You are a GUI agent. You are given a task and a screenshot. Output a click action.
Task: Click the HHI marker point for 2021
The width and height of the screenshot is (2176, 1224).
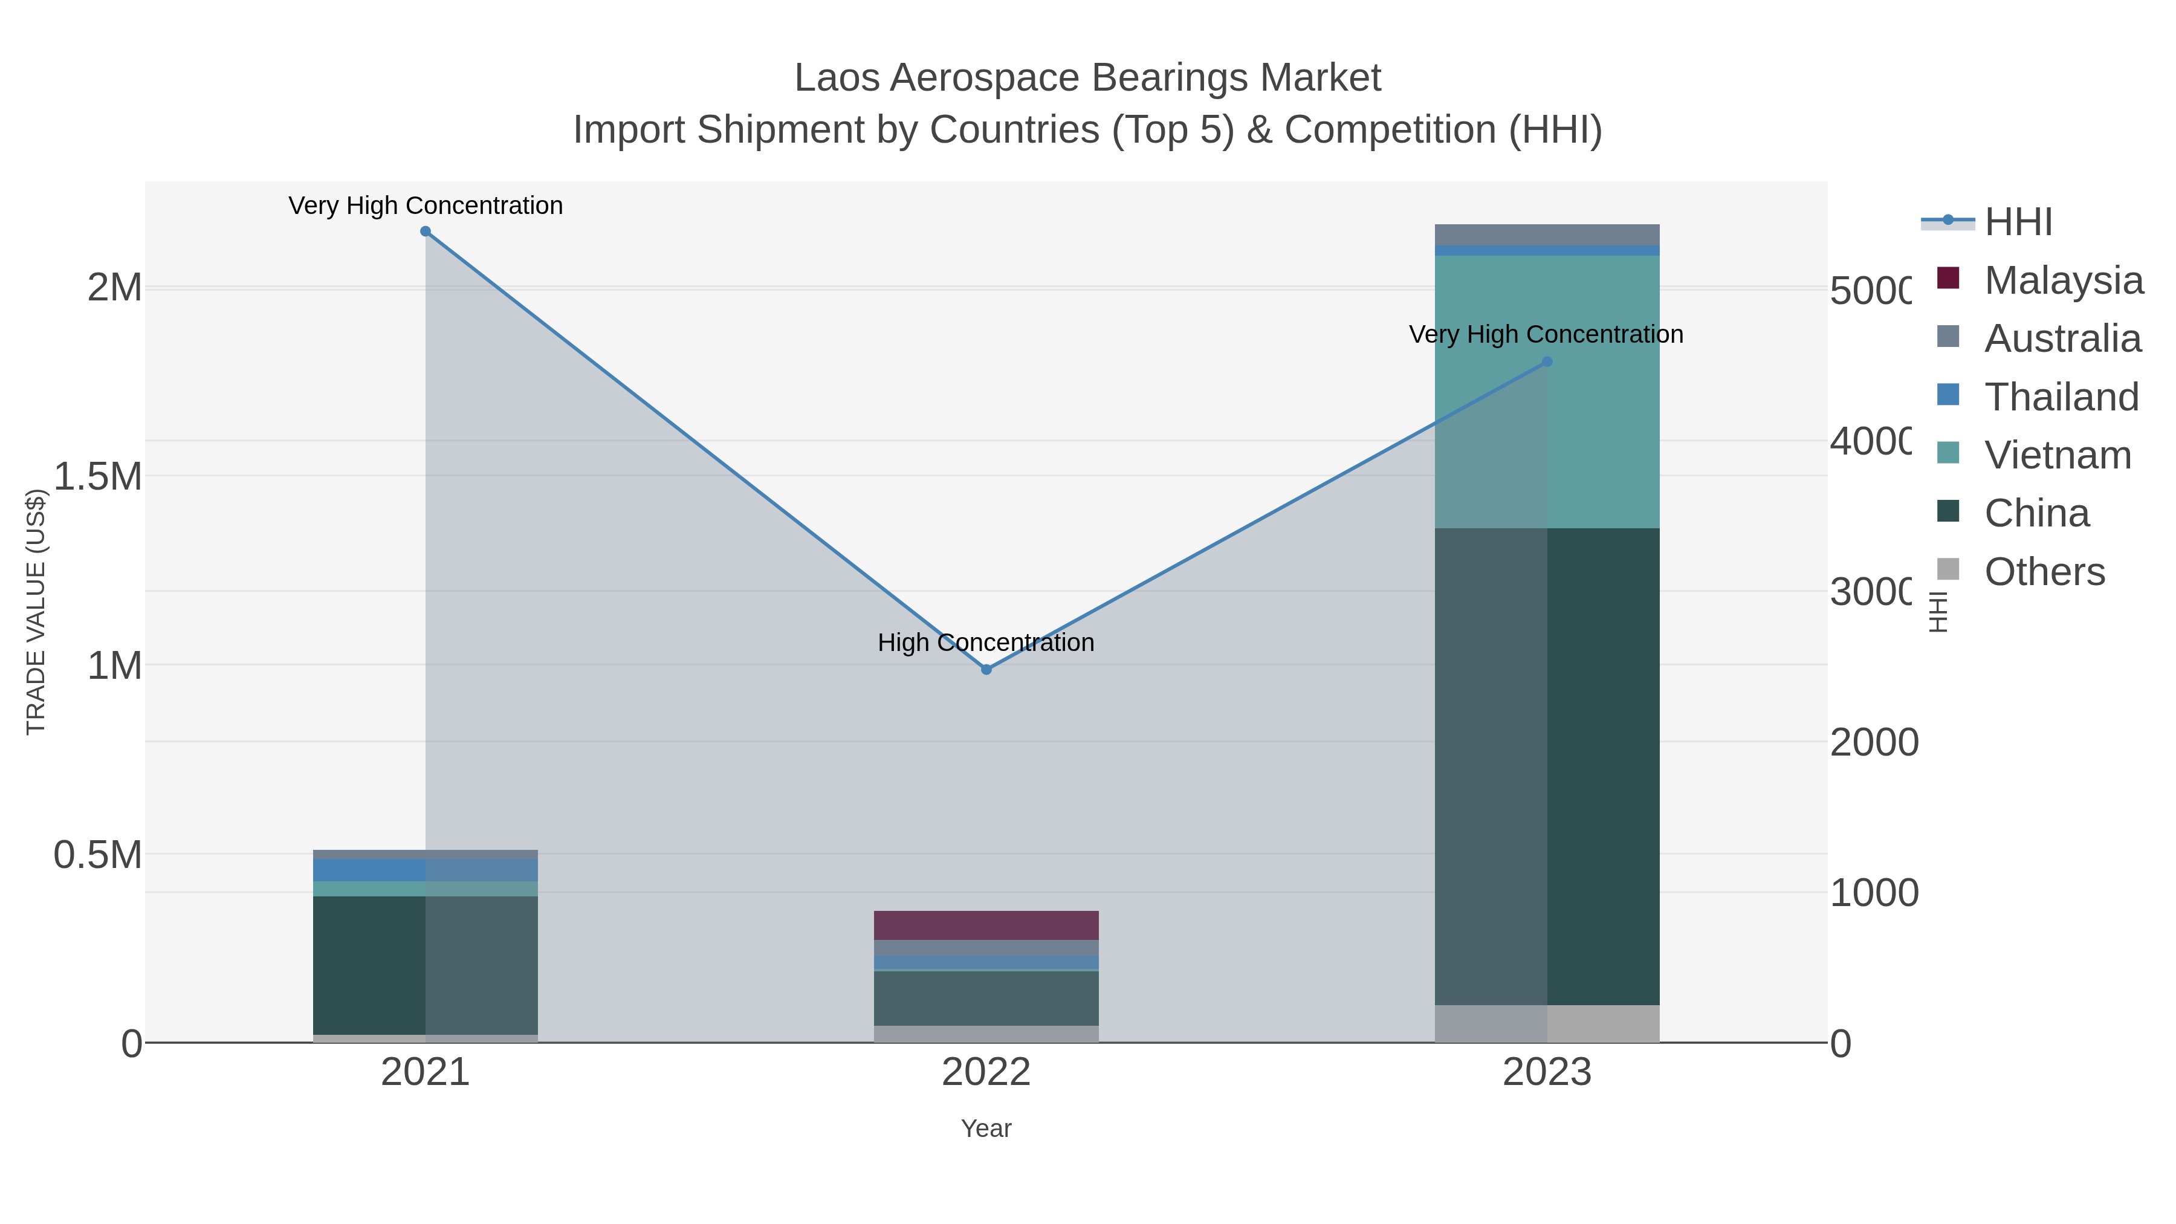coord(426,232)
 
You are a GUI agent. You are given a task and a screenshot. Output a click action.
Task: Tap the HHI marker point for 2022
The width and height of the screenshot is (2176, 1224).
coord(986,669)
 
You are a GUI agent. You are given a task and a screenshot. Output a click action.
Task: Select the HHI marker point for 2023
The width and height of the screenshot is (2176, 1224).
coord(1547,361)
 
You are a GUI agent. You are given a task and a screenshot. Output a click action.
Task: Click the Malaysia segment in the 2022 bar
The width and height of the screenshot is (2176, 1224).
coord(986,925)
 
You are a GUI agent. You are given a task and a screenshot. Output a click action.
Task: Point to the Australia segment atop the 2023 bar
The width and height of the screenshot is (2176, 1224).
coord(1547,234)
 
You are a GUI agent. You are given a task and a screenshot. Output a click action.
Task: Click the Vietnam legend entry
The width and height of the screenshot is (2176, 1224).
coord(2057,455)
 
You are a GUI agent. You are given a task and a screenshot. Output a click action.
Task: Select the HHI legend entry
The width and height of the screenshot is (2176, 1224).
coord(2018,222)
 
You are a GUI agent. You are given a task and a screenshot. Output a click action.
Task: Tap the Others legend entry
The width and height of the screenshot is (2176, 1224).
coord(2044,572)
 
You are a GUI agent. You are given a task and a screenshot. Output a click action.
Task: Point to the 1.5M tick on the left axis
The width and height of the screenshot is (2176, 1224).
coord(98,476)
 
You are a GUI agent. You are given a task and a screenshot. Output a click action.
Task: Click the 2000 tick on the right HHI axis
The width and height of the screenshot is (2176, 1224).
coord(1874,742)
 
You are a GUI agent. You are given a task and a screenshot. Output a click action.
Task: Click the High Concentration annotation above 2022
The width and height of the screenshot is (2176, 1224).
coord(986,643)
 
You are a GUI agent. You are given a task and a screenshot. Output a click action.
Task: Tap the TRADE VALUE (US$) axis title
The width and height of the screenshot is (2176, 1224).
coord(36,612)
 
